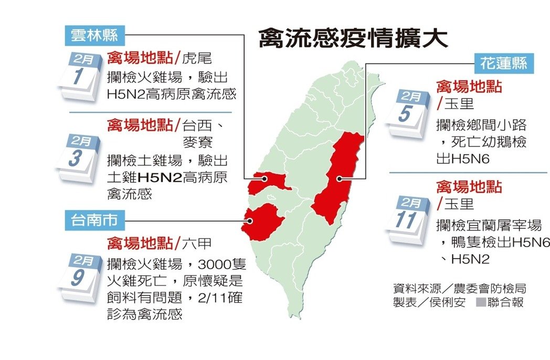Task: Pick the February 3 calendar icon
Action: pos(80,157)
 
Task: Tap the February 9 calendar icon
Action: pos(80,276)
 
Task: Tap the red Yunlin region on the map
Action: pos(268,182)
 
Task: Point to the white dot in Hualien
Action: pos(340,179)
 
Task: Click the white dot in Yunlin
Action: pos(265,178)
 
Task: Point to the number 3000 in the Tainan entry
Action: pos(213,262)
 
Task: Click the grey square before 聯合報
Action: pos(480,303)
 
